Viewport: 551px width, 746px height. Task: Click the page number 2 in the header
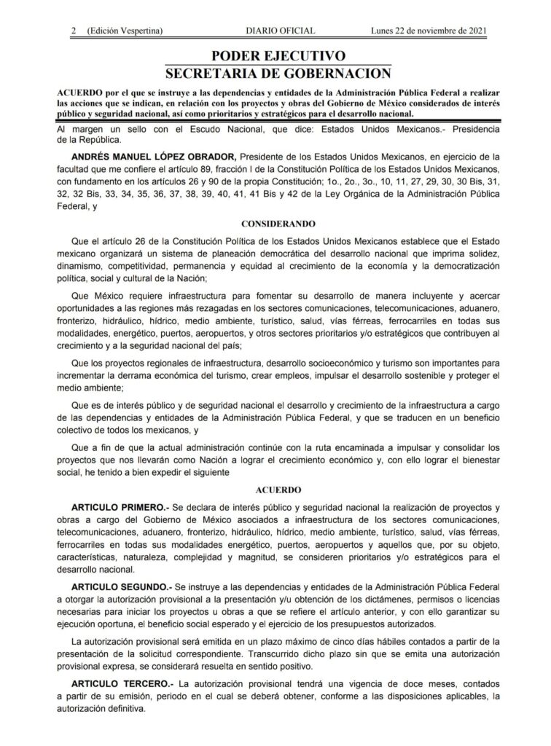pyautogui.click(x=74, y=31)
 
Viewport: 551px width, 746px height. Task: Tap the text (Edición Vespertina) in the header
pyautogui.click(x=124, y=31)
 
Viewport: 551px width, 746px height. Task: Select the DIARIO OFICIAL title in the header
pyautogui.click(x=279, y=31)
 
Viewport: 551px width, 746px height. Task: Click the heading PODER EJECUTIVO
pyautogui.click(x=278, y=56)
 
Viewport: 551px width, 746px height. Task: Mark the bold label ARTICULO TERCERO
pyautogui.click(x=121, y=684)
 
